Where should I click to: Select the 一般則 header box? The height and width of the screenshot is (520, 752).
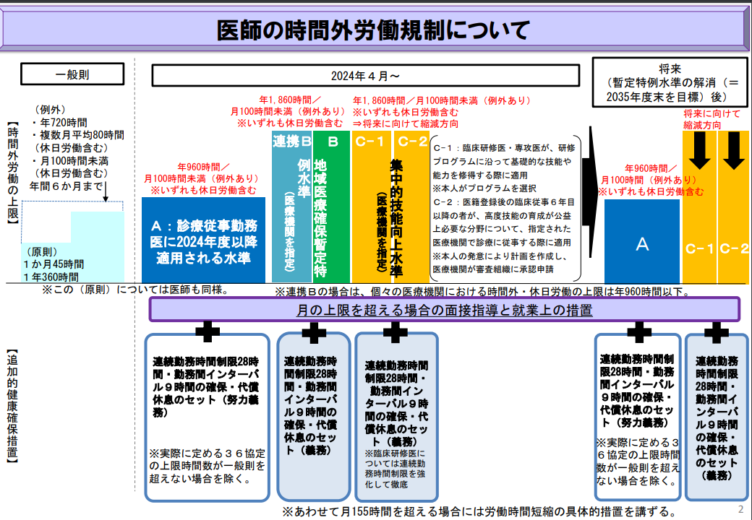(72, 74)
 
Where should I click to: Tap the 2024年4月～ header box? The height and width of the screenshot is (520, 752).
(365, 75)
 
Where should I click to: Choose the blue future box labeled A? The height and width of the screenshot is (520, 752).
(642, 244)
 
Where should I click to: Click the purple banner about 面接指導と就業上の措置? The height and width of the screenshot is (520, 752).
(445, 311)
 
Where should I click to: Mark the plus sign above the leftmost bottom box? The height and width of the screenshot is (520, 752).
(208, 331)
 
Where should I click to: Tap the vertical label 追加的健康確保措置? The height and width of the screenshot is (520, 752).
(12, 405)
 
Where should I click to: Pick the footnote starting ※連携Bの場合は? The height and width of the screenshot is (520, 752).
(482, 292)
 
